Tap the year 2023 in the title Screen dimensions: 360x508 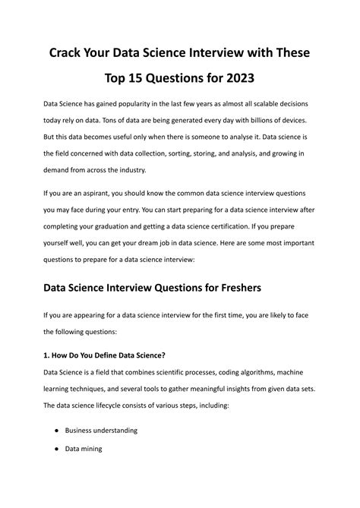[239, 78]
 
